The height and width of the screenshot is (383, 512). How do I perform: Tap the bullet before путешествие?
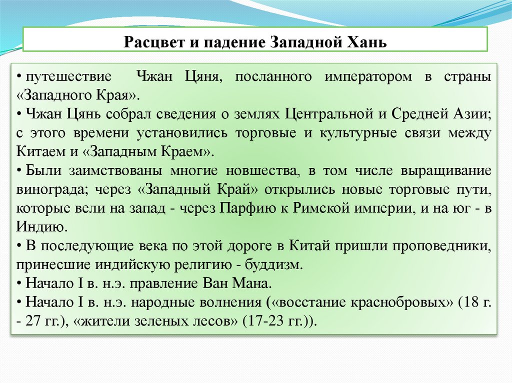pos(17,78)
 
